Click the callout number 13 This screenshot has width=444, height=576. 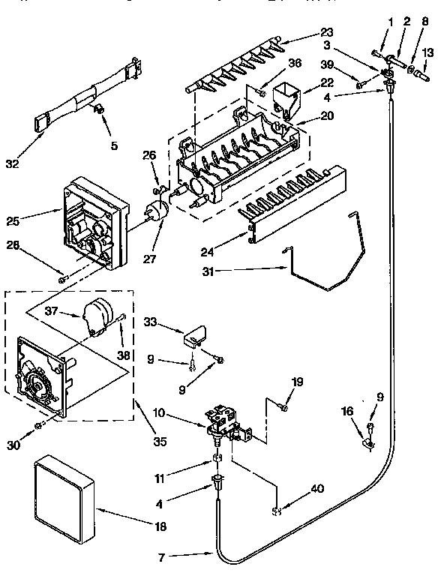coord(428,52)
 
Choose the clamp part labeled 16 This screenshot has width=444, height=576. coord(368,443)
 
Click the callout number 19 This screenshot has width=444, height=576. coord(297,383)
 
